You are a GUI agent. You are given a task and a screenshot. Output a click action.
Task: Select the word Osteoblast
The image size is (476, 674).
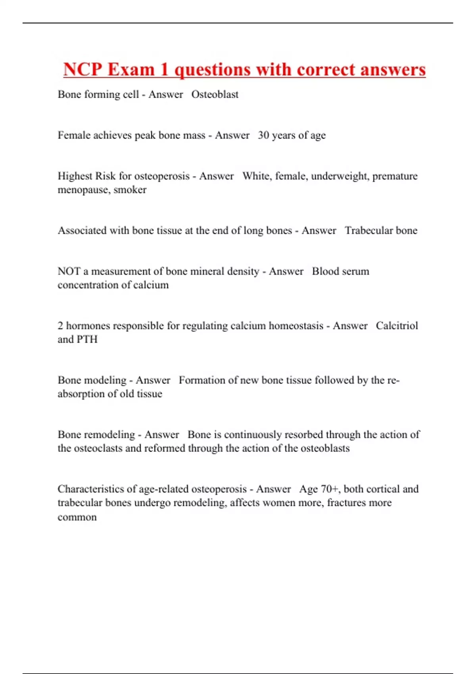point(215,94)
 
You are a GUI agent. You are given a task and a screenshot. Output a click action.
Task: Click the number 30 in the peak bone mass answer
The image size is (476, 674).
point(263,135)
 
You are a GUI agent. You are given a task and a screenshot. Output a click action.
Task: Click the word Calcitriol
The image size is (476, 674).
point(397,326)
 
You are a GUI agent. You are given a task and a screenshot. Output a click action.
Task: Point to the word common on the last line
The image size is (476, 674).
point(77,517)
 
